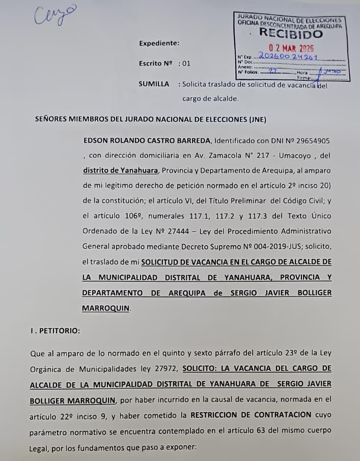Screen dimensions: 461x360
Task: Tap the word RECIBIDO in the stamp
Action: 291,34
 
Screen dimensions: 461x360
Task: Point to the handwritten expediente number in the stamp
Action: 288,56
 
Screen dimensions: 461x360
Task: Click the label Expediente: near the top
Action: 159,43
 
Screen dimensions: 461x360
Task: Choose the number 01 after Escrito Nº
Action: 186,64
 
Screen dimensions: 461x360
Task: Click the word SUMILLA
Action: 153,84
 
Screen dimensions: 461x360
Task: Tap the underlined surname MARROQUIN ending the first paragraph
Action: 106,308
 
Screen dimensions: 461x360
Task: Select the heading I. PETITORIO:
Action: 55,330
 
